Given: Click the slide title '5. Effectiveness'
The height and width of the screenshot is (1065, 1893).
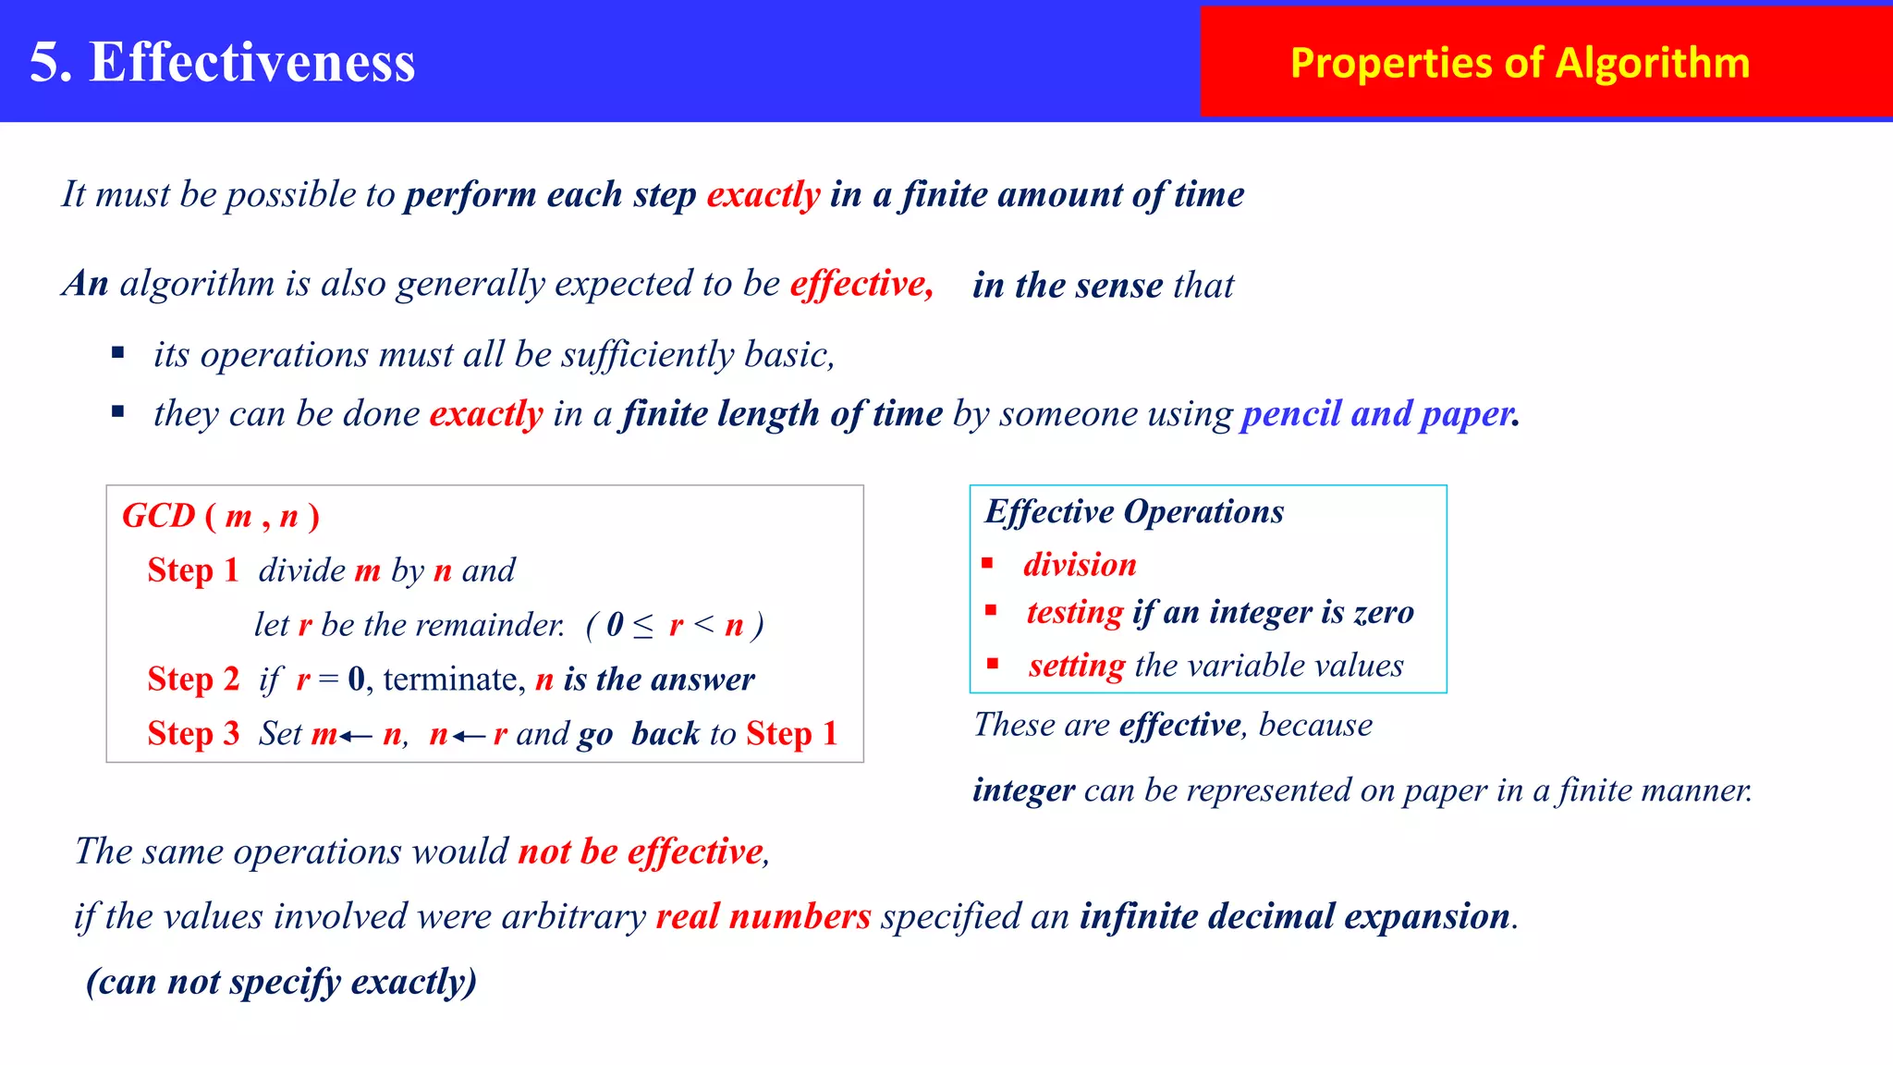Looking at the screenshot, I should click(222, 63).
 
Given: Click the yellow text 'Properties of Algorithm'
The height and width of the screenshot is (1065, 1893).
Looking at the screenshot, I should click(1520, 63).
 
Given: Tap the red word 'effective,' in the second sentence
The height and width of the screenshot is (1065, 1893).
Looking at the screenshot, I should click(861, 284).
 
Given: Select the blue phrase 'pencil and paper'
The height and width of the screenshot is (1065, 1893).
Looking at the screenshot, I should click(1377, 413).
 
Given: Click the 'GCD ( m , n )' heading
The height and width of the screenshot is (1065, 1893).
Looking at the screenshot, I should click(221, 516).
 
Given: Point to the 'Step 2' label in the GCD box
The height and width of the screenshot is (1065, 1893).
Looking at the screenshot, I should click(193, 679).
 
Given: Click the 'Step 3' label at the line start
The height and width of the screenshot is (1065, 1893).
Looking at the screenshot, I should click(193, 734).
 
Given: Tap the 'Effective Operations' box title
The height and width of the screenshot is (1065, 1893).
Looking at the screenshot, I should click(1134, 511).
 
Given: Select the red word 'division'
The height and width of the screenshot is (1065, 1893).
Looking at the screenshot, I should click(1080, 565).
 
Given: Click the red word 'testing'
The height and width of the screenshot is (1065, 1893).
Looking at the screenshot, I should click(1075, 612).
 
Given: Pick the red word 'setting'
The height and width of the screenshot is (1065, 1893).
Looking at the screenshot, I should click(1077, 666).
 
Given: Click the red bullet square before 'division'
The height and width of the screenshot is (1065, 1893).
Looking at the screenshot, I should click(987, 563).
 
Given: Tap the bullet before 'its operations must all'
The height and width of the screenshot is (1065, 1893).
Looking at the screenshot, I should click(117, 352).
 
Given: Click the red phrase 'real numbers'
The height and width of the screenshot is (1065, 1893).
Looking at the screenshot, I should click(763, 916).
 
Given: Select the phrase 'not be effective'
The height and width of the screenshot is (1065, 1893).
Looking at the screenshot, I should click(641, 851).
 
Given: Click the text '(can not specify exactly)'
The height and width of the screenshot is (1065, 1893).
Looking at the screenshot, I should click(281, 982).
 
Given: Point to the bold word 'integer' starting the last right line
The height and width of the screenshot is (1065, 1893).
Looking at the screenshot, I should click(1023, 790).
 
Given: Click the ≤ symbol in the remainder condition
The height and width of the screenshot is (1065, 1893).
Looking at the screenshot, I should click(643, 626).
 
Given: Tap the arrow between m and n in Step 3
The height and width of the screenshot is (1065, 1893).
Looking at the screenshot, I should click(356, 736).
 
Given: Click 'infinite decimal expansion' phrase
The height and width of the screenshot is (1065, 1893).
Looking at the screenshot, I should click(1295, 916).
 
